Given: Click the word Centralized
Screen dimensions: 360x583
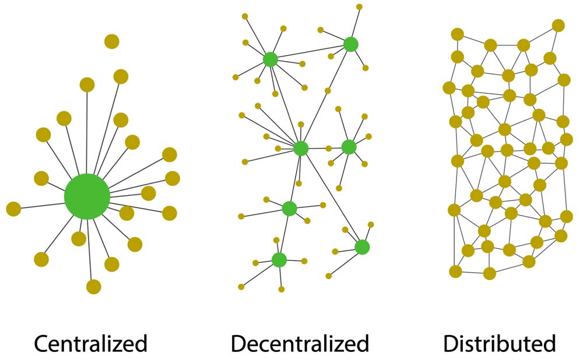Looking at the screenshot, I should [90, 343].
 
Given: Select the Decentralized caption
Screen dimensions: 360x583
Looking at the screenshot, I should [300, 343].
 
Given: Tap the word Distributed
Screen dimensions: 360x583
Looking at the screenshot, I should [500, 343].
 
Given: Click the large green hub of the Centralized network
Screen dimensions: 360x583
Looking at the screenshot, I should [87, 196].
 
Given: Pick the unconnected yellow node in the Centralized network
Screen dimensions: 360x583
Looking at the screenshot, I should [112, 41].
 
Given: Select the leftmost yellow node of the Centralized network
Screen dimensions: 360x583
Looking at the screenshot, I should [13, 209].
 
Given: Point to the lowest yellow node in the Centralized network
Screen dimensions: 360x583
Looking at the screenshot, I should [93, 287].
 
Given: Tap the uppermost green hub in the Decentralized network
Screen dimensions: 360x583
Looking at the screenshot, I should [350, 44].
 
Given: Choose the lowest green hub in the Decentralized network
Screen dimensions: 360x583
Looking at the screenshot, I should [279, 260].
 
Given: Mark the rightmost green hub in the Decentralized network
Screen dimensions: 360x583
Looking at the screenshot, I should [362, 247].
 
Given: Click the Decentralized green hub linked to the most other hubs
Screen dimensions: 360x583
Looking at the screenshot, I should [301, 149].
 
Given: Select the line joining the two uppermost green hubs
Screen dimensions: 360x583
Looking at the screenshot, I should [310, 52].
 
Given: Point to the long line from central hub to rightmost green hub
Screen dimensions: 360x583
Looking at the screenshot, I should [331, 197].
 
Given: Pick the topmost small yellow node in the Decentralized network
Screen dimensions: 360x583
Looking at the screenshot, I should [359, 7].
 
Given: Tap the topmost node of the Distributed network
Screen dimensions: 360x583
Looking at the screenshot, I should [558, 25].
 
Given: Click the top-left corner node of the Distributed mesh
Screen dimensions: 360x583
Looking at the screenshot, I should [458, 34].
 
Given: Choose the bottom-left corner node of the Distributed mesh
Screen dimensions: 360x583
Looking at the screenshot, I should [456, 271].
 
